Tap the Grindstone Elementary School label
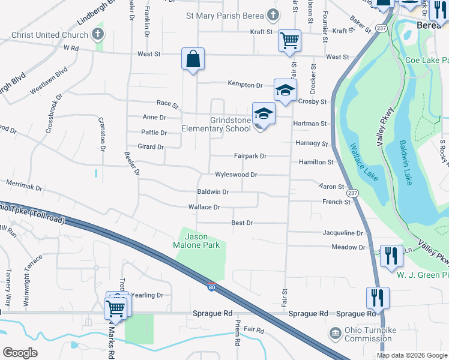coord(216,124)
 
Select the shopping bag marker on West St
coord(193,59)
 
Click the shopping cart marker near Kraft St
coord(289,41)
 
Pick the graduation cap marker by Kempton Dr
coord(286,91)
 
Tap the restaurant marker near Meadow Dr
coord(391,256)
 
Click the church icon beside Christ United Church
coord(98,35)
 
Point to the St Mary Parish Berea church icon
coord(273,15)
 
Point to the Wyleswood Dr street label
coord(236,175)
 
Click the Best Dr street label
coord(242,223)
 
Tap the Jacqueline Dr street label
coord(343,233)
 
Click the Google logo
coord(20,353)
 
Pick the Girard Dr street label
coord(151,146)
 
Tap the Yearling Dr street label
coord(148,295)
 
